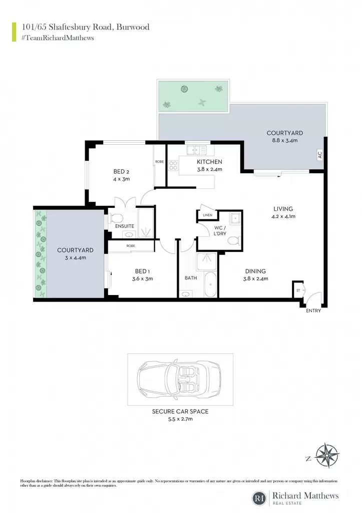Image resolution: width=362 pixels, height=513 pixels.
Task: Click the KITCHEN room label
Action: tap(209, 162)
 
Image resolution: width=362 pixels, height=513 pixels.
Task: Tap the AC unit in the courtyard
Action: tap(320, 155)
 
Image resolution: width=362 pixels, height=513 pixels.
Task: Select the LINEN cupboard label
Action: tap(208, 215)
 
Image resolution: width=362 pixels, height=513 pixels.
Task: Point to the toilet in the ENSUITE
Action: tap(116, 217)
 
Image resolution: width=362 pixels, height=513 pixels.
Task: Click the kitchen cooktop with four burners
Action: tap(173, 165)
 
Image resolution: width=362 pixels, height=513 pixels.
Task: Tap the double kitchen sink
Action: tap(197, 150)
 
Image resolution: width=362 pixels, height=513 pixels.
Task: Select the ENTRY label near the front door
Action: tap(313, 311)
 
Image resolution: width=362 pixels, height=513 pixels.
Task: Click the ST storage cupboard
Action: tap(298, 290)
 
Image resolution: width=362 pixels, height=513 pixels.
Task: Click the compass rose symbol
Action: tap(327, 455)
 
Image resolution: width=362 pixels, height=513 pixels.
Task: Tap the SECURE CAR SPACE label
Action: tap(180, 411)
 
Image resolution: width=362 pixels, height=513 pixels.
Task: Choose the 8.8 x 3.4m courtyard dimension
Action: tap(284, 141)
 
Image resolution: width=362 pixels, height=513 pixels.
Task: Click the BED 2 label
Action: tap(121, 171)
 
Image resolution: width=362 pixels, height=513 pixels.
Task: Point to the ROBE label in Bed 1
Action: tap(131, 245)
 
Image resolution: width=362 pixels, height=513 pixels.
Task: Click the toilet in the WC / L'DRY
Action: tap(234, 241)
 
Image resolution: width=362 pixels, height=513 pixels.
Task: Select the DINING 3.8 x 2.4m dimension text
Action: tap(255, 279)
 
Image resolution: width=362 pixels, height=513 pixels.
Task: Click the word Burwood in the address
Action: tap(133, 27)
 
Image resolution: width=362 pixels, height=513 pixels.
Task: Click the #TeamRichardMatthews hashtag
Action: tap(58, 38)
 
